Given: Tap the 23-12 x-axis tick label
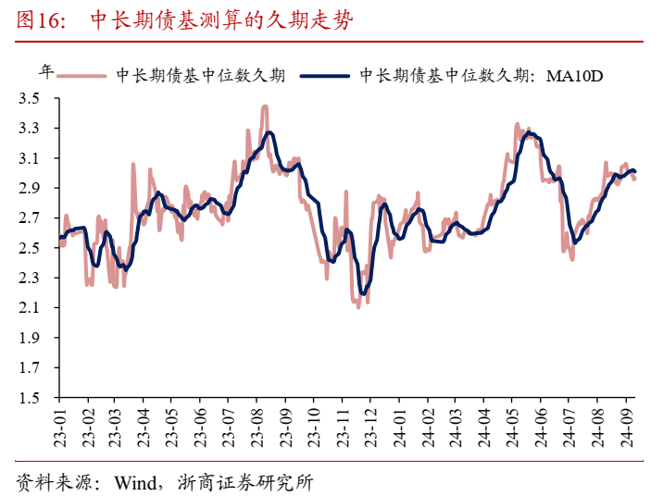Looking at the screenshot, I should (x=369, y=424).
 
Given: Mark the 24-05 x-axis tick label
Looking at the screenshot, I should (x=512, y=424).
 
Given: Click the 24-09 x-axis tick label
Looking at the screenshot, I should (x=627, y=424).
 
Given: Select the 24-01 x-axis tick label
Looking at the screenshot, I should (x=398, y=424).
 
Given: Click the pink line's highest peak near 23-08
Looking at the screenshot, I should (x=265, y=106).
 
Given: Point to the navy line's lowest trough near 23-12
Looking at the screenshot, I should (x=363, y=294).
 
